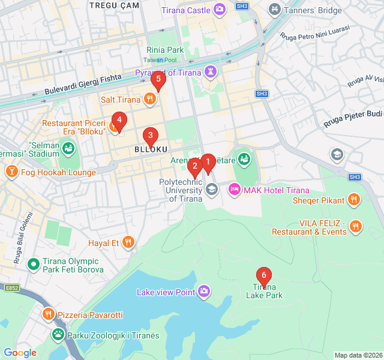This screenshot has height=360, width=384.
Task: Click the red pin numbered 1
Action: pos(208,162)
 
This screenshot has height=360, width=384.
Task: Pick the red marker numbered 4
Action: pos(119,120)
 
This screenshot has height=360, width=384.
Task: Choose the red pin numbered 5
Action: pos(158,79)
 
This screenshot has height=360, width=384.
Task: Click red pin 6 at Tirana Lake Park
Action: pos(263,276)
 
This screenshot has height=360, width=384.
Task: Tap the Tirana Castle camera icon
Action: pos(220,10)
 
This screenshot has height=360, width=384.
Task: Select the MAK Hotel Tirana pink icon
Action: pos(234,190)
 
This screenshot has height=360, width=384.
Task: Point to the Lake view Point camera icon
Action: pos(205,292)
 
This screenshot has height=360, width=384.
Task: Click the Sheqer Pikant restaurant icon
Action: pos(354,200)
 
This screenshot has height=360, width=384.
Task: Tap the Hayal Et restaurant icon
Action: pos(128,242)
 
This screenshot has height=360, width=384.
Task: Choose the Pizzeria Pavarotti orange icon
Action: pos(49,314)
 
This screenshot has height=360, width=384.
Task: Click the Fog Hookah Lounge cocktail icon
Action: pos(11,172)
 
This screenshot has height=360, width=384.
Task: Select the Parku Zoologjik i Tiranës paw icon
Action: pos(58,335)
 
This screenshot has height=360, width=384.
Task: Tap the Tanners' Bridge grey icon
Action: pos(274,10)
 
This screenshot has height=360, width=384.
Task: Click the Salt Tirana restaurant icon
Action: pos(150,99)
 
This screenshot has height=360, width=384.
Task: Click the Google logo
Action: pos(20,353)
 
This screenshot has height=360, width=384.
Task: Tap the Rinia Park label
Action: pos(165,50)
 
